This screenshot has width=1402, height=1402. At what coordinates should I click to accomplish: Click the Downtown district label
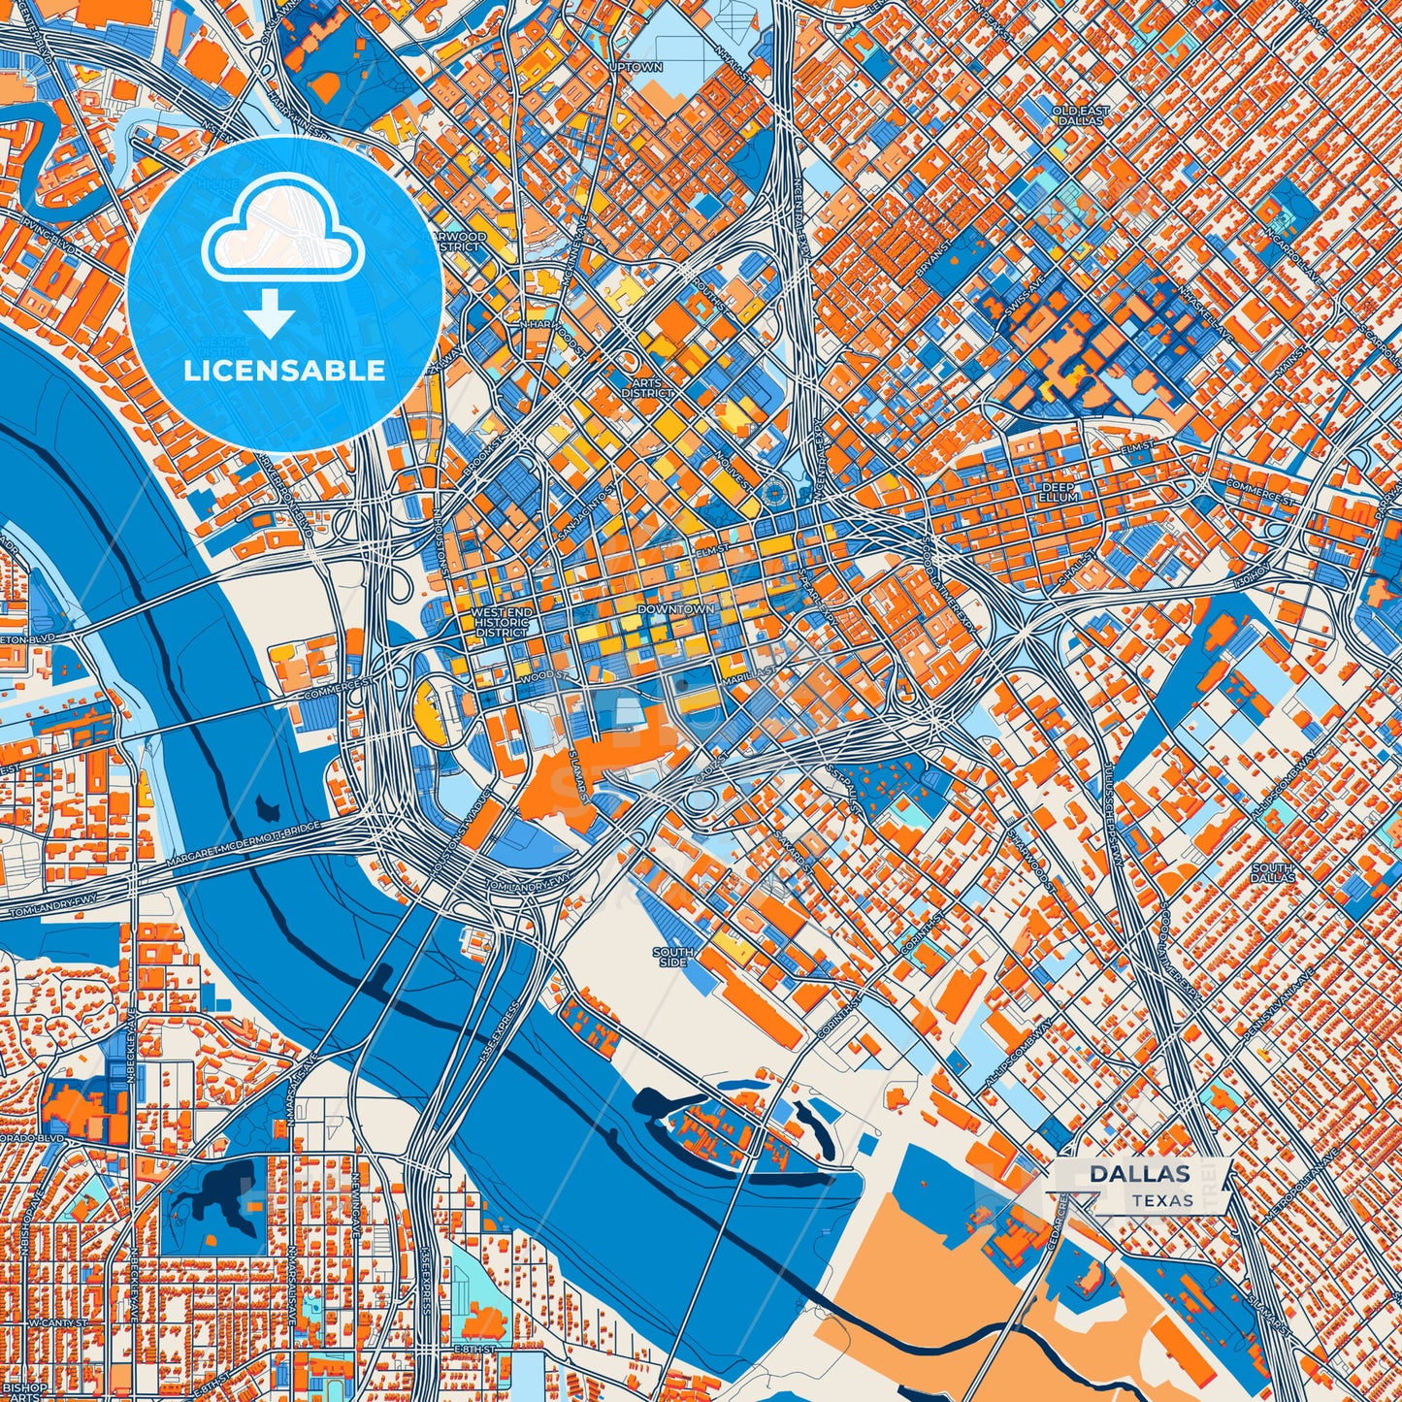[676, 608]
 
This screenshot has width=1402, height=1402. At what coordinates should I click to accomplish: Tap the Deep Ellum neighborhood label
[1060, 492]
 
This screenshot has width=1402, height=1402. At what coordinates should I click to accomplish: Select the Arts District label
[647, 388]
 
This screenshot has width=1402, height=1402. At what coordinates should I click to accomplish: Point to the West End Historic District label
[502, 623]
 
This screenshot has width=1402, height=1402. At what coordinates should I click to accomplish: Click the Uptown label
[636, 68]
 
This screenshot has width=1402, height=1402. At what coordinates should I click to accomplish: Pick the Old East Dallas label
[1080, 115]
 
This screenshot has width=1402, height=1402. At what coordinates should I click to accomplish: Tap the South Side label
[672, 957]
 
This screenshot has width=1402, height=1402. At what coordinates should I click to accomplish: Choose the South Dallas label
[1272, 872]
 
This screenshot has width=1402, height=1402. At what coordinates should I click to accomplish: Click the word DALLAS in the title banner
[1139, 1173]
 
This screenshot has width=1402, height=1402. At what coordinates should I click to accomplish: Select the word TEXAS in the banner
[1161, 1200]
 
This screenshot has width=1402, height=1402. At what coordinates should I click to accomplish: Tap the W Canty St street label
[57, 1323]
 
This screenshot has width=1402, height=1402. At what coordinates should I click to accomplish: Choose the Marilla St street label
[748, 669]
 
